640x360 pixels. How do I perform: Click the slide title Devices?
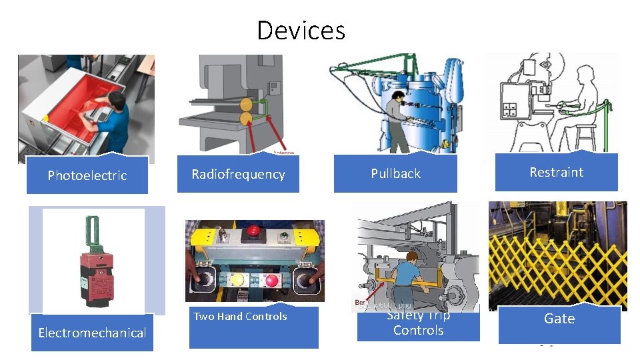coord(301,31)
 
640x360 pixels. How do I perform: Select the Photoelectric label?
coord(87,176)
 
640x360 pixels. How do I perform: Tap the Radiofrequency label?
coord(238,175)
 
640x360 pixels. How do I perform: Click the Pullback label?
coord(395,174)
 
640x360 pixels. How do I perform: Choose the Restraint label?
coord(556,173)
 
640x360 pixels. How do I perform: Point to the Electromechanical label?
coord(92,333)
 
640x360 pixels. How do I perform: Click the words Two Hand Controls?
coord(240,317)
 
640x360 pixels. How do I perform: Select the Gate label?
coord(559,319)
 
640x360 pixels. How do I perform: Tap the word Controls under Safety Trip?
coord(418,331)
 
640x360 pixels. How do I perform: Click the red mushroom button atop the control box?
coord(253,232)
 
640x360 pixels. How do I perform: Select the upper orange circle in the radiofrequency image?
coord(247,105)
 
